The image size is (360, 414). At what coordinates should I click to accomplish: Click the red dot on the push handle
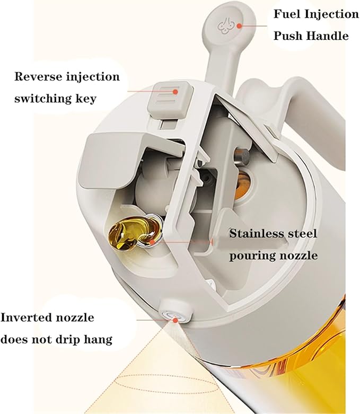point(239,26)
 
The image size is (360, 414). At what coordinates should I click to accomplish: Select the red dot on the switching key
point(175,92)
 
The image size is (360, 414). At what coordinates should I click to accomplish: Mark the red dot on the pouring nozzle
point(152,242)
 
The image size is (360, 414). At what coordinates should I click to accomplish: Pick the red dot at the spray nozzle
point(175,320)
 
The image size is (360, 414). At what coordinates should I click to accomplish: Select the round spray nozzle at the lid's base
point(175,311)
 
